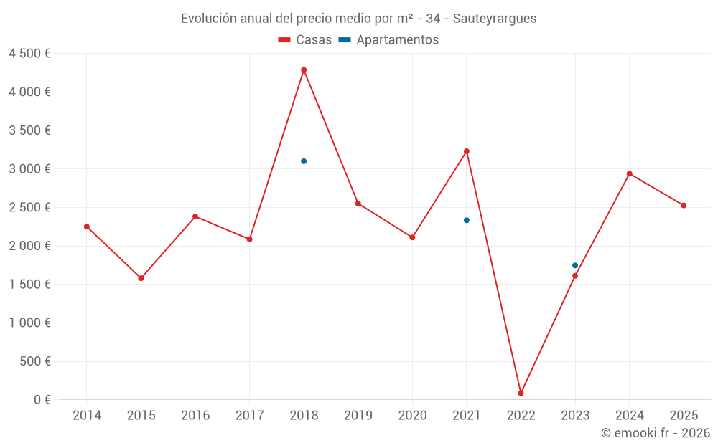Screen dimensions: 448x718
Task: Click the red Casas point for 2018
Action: click(x=304, y=70)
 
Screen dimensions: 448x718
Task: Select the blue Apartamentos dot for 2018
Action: click(x=304, y=161)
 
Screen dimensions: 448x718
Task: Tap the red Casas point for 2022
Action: click(x=521, y=393)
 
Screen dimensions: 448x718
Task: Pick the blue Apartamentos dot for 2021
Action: click(x=467, y=220)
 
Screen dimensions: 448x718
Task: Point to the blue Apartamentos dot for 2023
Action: click(x=575, y=265)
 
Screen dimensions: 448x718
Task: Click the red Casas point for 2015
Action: click(x=141, y=278)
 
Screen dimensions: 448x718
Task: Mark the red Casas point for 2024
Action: click(x=630, y=173)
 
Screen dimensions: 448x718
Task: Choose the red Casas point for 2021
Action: click(x=467, y=151)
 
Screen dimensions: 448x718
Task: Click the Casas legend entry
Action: click(x=305, y=40)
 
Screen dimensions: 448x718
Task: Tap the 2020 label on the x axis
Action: click(x=412, y=416)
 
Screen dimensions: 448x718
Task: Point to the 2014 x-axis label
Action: click(x=87, y=416)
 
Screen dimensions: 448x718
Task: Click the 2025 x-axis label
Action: click(x=684, y=416)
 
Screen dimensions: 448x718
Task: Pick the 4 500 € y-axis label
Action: click(x=29, y=54)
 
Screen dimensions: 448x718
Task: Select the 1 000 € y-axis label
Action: click(x=29, y=323)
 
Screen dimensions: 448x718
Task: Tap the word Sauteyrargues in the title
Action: click(x=495, y=19)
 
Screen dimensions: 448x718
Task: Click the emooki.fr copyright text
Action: click(x=656, y=433)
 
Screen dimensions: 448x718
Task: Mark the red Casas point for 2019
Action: click(x=358, y=204)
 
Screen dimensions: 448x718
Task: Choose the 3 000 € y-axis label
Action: click(x=29, y=169)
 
